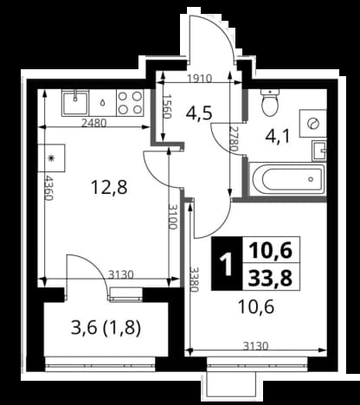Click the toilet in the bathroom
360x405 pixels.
270,102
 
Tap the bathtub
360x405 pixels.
287,179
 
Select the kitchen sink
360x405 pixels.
75,103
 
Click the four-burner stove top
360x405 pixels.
131,102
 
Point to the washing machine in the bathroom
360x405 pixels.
312,124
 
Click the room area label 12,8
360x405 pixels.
109,187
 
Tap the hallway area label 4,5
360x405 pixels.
199,113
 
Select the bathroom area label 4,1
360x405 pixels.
278,136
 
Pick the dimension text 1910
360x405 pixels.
200,79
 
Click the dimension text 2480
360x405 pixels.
94,124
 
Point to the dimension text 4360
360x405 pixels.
48,188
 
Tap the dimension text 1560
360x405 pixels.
167,106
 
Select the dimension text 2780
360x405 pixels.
234,139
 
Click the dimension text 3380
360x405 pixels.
195,280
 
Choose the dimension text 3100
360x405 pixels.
172,216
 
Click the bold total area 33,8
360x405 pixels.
271,279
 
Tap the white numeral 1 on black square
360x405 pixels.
226,265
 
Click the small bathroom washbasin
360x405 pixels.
318,151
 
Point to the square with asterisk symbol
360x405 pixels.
51,158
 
